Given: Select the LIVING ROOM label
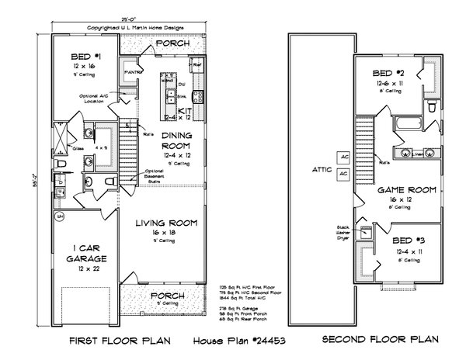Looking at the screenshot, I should coord(166,223).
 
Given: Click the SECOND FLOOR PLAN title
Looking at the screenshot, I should coord(381,339).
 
